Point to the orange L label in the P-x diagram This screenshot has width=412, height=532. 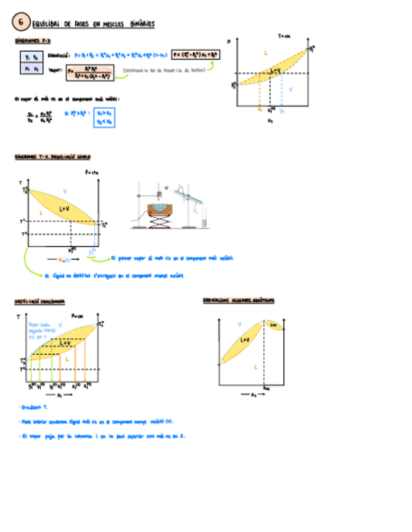click(266, 55)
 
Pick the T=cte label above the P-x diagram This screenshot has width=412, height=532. click(285, 36)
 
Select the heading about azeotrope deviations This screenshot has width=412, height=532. click(238, 300)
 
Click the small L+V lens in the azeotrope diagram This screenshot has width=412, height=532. click(274, 325)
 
